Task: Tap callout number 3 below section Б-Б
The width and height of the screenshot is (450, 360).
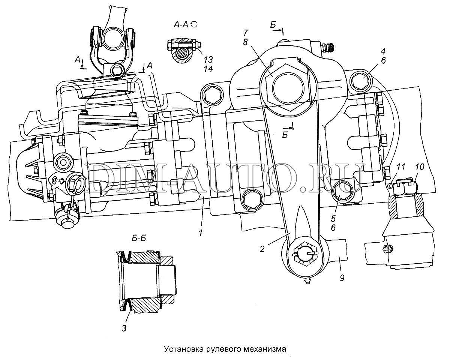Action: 124,328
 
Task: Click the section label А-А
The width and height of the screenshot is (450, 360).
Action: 182,25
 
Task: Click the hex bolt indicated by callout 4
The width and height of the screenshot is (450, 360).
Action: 361,80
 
